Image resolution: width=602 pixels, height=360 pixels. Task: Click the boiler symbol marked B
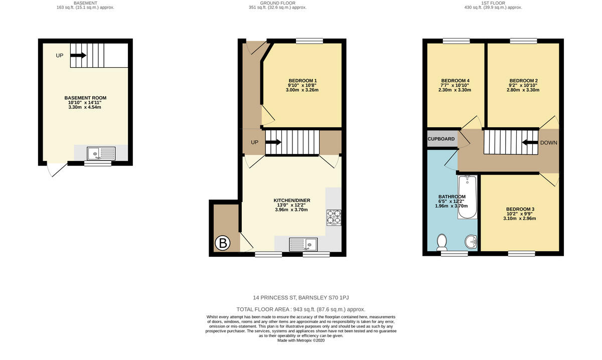pyautogui.click(x=223, y=244)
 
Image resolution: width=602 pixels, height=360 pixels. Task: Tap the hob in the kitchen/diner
pyautogui.click(x=334, y=217)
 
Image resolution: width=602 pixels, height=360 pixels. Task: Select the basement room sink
pyautogui.click(x=101, y=153)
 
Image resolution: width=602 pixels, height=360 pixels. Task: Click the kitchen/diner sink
pyautogui.click(x=304, y=244)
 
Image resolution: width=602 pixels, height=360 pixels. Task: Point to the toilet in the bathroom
pyautogui.click(x=442, y=242)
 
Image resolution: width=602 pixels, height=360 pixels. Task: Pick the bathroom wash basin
pyautogui.click(x=471, y=242)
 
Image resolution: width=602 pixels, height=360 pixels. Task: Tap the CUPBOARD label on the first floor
pyautogui.click(x=441, y=139)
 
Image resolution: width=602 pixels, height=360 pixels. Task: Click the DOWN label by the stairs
pyautogui.click(x=548, y=143)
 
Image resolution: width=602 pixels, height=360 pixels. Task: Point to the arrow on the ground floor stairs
pyautogui.click(x=273, y=142)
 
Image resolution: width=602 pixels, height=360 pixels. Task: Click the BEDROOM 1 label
pyautogui.click(x=303, y=81)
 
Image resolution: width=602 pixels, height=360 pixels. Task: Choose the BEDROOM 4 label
pyautogui.click(x=455, y=81)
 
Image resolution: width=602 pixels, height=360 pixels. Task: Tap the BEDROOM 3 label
pyautogui.click(x=520, y=209)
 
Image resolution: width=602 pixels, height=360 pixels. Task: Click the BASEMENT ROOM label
pyautogui.click(x=85, y=98)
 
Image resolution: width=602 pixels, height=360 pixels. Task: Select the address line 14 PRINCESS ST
pyautogui.click(x=301, y=297)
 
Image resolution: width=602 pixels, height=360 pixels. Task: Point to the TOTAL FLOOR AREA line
pyautogui.click(x=301, y=309)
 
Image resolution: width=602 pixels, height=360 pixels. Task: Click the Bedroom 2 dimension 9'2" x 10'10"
pyautogui.click(x=523, y=85)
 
